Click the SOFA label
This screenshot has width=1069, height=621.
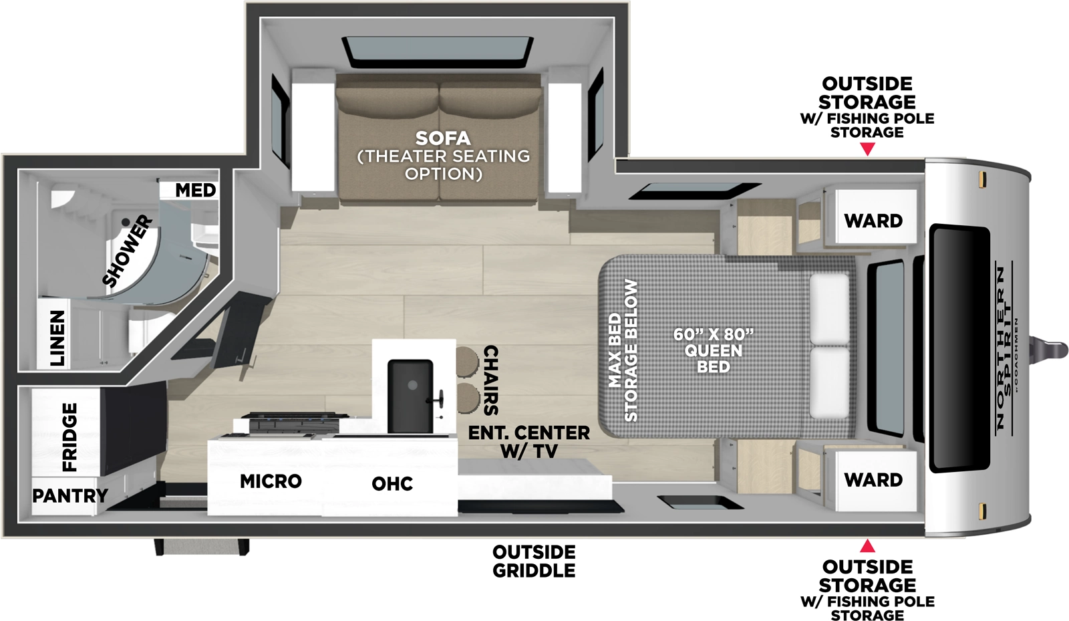click(443, 139)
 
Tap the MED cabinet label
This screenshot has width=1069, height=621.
click(195, 191)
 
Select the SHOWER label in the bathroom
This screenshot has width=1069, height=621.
click(128, 251)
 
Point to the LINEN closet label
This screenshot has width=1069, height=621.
click(58, 338)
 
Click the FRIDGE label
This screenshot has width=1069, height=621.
click(69, 437)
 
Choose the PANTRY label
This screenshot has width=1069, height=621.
click(70, 496)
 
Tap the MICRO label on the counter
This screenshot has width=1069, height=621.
click(271, 481)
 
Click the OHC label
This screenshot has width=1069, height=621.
click(392, 484)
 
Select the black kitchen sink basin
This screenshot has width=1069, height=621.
click(410, 396)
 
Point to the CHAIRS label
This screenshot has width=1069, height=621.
click(490, 380)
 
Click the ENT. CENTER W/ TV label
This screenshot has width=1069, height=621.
click(528, 442)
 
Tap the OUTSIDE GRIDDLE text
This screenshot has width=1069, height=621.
click(534, 562)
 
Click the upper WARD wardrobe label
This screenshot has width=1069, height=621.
click(873, 221)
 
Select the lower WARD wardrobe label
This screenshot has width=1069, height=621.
click(873, 480)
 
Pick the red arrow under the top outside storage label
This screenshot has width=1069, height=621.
click(867, 149)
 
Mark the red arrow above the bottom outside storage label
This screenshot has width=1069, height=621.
click(867, 546)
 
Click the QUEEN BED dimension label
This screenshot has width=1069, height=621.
click(713, 350)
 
